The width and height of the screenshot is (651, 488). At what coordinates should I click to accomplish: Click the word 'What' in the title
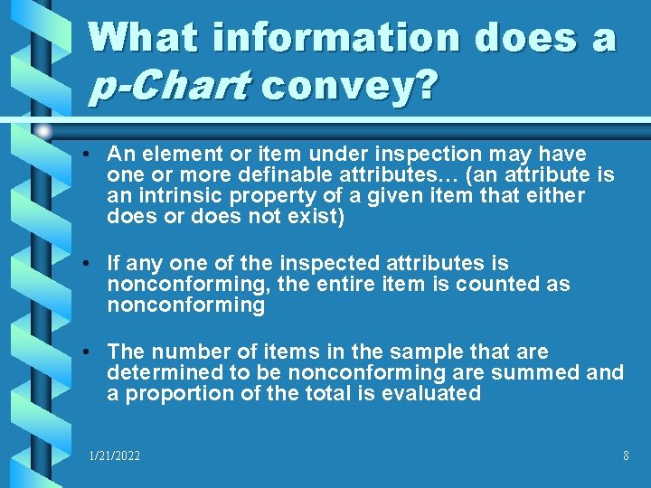coord(147,37)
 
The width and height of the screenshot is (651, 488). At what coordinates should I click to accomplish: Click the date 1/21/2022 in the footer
coord(115,456)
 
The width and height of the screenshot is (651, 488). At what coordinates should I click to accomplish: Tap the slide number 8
coord(626,456)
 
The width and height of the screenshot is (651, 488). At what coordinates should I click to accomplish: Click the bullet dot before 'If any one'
coord(94,264)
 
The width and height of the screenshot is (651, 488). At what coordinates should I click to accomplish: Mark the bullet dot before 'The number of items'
coord(94,352)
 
